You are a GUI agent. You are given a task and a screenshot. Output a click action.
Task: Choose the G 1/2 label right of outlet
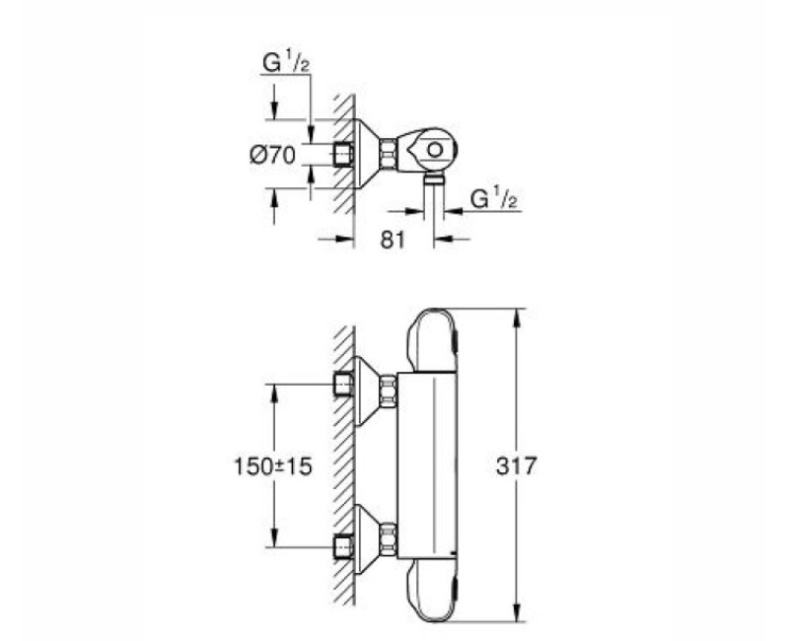494,200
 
